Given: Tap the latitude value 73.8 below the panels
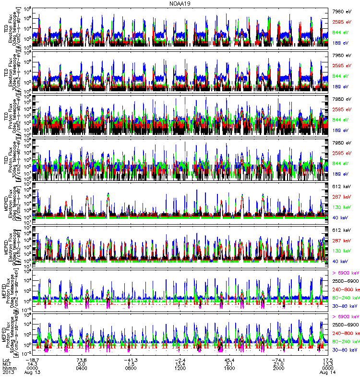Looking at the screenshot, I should [x=82, y=360].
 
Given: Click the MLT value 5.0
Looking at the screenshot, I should [x=82, y=364].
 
